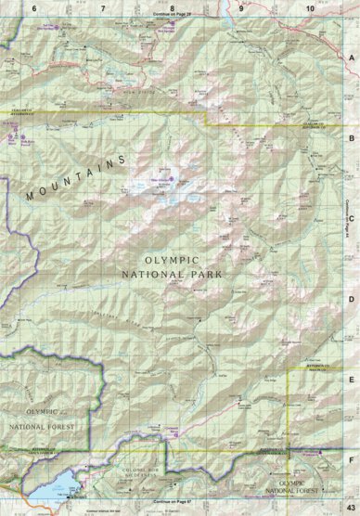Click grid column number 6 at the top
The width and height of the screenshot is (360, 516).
click(34, 6)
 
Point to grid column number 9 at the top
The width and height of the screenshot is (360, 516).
click(240, 6)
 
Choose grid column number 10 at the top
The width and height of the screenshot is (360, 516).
click(308, 6)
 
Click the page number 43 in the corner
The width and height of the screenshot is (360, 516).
click(350, 502)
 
